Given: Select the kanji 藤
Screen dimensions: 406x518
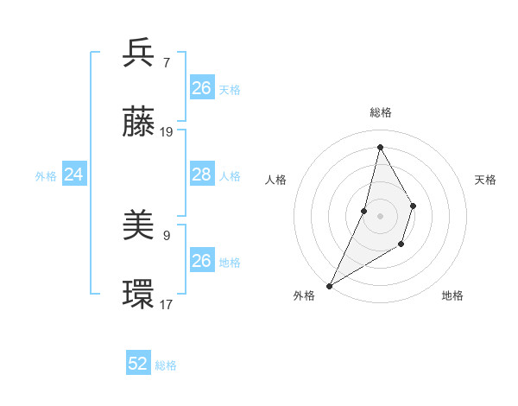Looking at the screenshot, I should (x=139, y=123).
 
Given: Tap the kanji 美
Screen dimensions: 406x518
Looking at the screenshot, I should (x=139, y=226).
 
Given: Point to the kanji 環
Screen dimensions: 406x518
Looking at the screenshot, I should (x=139, y=295).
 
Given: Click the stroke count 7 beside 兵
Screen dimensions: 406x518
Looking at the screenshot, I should (x=166, y=62).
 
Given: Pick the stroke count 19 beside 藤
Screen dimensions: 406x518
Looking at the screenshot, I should (x=167, y=132).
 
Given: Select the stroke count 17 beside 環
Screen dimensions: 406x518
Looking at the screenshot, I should (x=167, y=304).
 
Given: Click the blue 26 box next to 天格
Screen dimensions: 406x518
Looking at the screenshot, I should (x=202, y=88).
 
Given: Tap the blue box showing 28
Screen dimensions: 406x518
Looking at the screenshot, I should (x=202, y=174).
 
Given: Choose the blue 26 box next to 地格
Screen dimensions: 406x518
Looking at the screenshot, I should (x=202, y=261).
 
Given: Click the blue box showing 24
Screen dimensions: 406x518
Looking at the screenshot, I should (x=74, y=174).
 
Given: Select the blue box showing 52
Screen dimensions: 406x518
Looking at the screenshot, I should (x=138, y=364).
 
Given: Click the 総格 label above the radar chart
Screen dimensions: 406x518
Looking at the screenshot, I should (x=381, y=112).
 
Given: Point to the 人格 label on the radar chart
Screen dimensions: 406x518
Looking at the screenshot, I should (x=275, y=180).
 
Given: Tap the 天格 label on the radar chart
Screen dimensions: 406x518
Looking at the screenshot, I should (x=485, y=180).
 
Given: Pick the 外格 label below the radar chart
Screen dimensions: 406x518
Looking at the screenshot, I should (x=304, y=295).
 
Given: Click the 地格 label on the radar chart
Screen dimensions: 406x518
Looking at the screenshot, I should (x=452, y=295).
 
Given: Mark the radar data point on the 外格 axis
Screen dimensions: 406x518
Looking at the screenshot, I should (x=329, y=285).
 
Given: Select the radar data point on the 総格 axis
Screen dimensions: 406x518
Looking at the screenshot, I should (x=380, y=146).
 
